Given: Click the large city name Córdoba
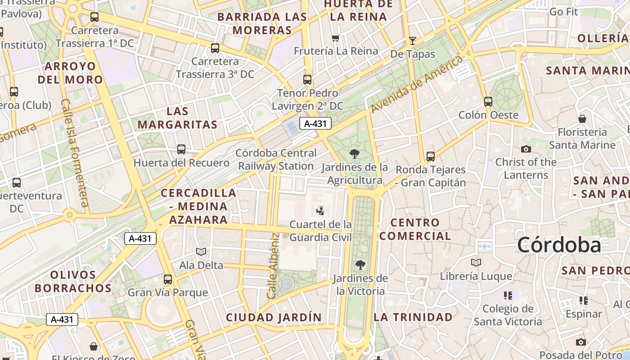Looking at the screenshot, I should (x=559, y=245).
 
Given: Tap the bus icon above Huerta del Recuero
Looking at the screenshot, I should (x=181, y=149).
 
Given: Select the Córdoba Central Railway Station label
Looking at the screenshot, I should (x=276, y=160).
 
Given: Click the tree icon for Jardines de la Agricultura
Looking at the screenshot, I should (x=355, y=153).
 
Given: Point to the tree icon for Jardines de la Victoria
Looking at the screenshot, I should (x=360, y=265).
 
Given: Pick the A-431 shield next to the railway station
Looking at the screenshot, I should (x=315, y=123).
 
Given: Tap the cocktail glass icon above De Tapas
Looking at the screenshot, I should (x=413, y=41).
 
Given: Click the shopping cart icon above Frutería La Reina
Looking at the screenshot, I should (x=335, y=38).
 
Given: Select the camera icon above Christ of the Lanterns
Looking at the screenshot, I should (x=526, y=149).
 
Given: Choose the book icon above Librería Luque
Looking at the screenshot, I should (x=476, y=262).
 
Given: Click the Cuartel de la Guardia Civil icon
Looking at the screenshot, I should (x=320, y=210).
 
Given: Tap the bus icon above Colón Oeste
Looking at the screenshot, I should (x=488, y=101).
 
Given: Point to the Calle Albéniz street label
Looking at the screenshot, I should (x=273, y=265).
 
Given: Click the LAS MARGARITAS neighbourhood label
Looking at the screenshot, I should (x=177, y=118).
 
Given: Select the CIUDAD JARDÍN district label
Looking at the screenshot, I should (x=274, y=317).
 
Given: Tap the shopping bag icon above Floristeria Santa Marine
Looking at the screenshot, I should (x=582, y=119).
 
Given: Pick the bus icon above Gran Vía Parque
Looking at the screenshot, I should (x=168, y=279).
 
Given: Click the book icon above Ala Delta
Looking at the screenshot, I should (x=201, y=252).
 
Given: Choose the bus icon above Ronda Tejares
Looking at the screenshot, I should (x=431, y=157).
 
